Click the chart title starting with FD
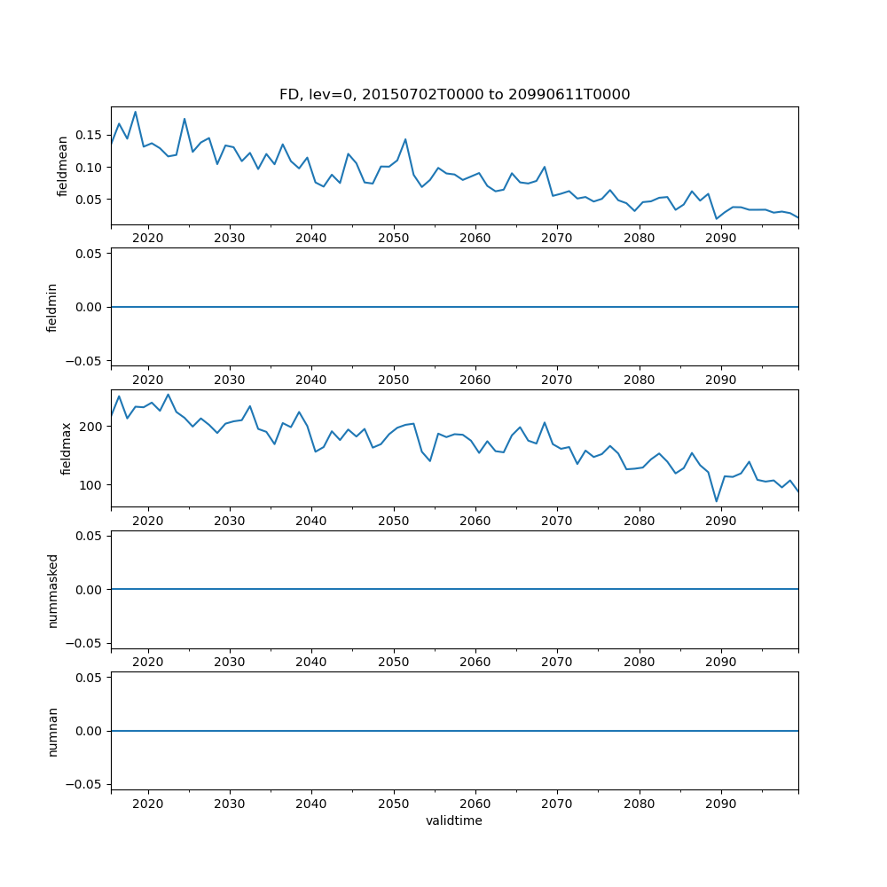tap(454, 95)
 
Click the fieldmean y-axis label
tap(62, 166)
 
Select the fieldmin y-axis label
tap(52, 307)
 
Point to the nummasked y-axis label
tap(52, 589)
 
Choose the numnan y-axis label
tap(52, 731)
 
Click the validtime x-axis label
tap(454, 820)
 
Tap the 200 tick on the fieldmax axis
tap(93, 427)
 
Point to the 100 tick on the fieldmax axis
tap(93, 485)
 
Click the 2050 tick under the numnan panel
tap(393, 805)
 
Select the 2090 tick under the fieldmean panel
tap(720, 239)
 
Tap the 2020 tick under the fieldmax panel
tap(148, 522)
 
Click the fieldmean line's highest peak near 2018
tap(136, 112)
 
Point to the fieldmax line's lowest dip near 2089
tap(717, 502)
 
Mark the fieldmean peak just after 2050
tap(405, 139)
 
